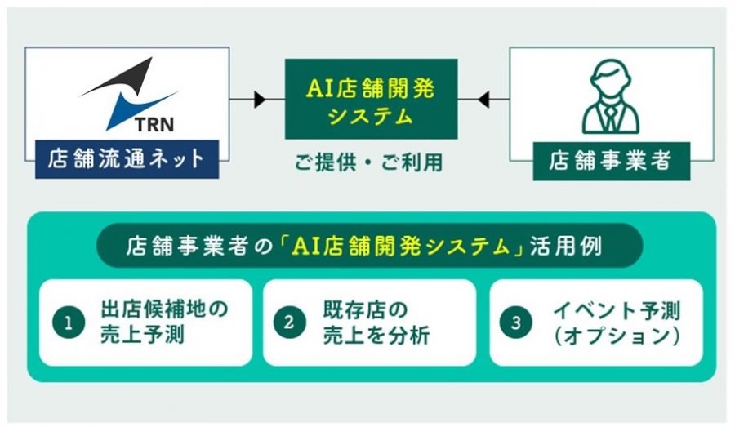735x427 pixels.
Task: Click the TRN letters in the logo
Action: pos(154,125)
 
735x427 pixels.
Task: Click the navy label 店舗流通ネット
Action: pos(127,159)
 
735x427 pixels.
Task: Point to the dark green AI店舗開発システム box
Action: pos(372,99)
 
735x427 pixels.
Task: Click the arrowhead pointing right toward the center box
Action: pos(260,100)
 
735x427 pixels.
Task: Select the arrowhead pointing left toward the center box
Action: pos(483,100)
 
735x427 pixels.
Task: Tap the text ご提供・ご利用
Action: pos(369,162)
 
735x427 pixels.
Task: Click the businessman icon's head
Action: pos(610,78)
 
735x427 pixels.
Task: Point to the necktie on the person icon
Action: pos(610,118)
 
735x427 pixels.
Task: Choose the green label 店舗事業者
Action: pos(611,161)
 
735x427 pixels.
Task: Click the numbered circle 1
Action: pos(69,323)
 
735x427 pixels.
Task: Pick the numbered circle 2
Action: pos(290,322)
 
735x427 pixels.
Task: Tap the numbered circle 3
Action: pos(516,322)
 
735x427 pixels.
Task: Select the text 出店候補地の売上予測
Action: pos(164,322)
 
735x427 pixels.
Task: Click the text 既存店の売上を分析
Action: pos(376,322)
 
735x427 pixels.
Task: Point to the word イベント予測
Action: pos(617,309)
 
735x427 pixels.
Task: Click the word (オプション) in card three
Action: pos(617,336)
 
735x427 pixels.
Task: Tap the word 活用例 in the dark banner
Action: pos(566,246)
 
